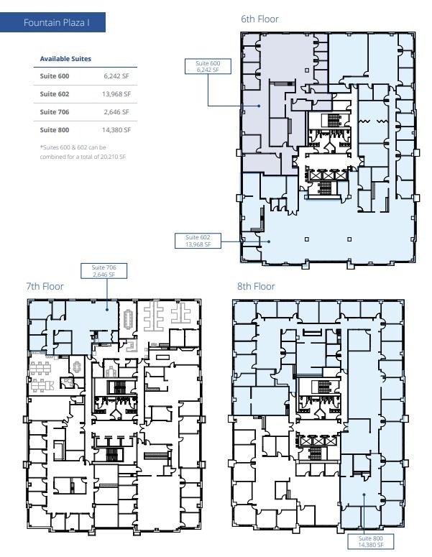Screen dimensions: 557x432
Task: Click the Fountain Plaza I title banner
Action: pyautogui.click(x=55, y=23)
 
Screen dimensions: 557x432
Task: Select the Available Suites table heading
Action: pyautogui.click(x=65, y=58)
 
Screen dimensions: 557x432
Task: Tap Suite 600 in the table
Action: pyautogui.click(x=55, y=75)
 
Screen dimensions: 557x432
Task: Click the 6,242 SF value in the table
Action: pyautogui.click(x=115, y=75)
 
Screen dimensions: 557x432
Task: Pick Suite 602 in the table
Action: pyautogui.click(x=55, y=93)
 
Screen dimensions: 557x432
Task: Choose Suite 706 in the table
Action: pyautogui.click(x=55, y=111)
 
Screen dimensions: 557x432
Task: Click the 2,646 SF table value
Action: pyautogui.click(x=115, y=111)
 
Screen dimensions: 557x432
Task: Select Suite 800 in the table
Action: pyautogui.click(x=55, y=129)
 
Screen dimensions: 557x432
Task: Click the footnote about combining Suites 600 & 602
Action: pyautogui.click(x=82, y=152)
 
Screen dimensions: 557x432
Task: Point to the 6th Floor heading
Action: pyautogui.click(x=259, y=19)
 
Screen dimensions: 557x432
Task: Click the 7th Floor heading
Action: pyautogui.click(x=45, y=286)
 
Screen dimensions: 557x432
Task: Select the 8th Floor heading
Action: pyautogui.click(x=256, y=286)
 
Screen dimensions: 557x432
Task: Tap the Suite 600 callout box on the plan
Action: pyautogui.click(x=208, y=67)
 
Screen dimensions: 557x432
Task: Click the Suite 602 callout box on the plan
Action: pyautogui.click(x=198, y=241)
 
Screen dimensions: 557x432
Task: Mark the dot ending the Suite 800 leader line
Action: pyautogui.click(x=364, y=494)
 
